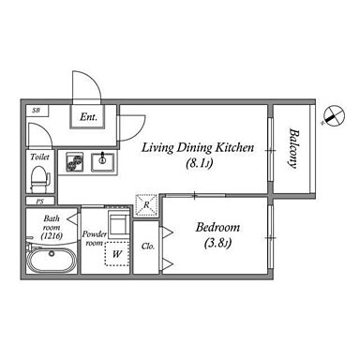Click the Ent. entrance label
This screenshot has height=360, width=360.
coord(88,117)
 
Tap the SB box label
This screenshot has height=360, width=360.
coord(37,111)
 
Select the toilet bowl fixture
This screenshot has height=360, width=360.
coord(40,180)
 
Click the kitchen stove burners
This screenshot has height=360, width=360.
coord(75,162)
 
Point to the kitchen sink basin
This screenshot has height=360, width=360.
coord(102,162)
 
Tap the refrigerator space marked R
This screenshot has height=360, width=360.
coord(146,205)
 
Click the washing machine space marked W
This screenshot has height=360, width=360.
coord(116,254)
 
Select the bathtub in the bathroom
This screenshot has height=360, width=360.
coord(52,260)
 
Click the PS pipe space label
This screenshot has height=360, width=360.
coord(39,202)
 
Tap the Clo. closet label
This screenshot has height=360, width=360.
coord(148,247)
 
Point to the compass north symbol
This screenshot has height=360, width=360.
coord(334,115)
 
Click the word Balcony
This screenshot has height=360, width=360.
coord(292,148)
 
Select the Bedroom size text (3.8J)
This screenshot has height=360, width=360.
coord(217,243)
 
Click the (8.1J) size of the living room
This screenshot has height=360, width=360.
coord(199,163)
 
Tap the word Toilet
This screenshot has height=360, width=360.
coord(39,157)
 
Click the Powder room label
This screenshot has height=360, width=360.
coord(95,238)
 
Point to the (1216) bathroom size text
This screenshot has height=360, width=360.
coord(52,236)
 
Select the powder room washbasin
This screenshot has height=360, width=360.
coord(118,223)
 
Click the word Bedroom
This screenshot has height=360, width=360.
coord(217,227)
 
